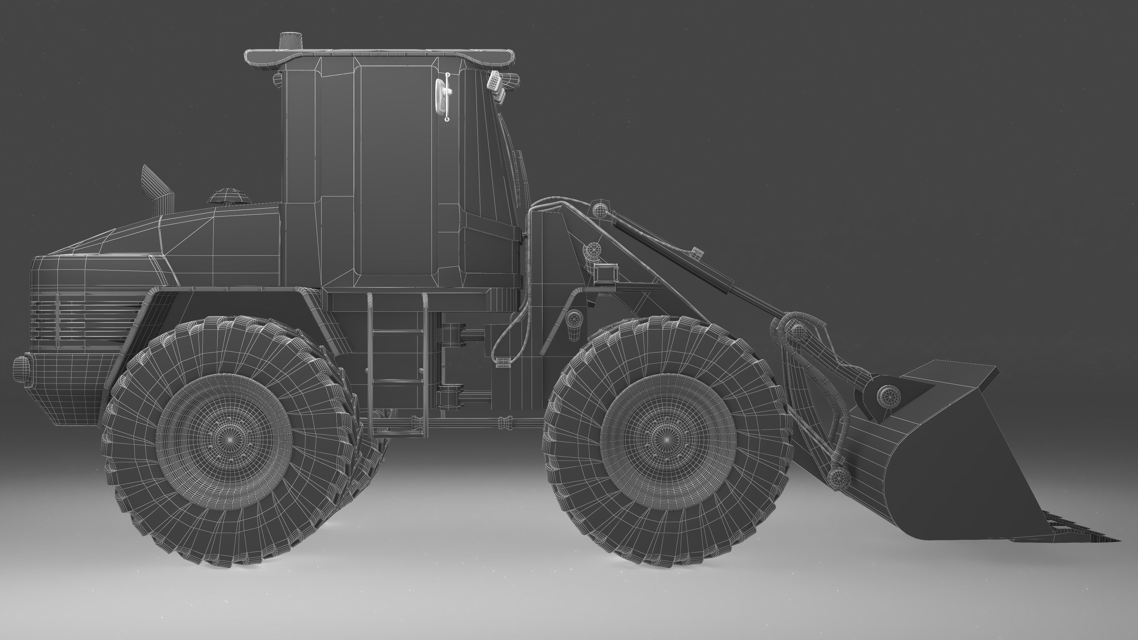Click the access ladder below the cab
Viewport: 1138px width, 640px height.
(397, 362)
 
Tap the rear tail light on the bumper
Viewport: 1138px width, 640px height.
(22, 370)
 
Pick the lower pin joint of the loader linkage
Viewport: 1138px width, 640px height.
(836, 477)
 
